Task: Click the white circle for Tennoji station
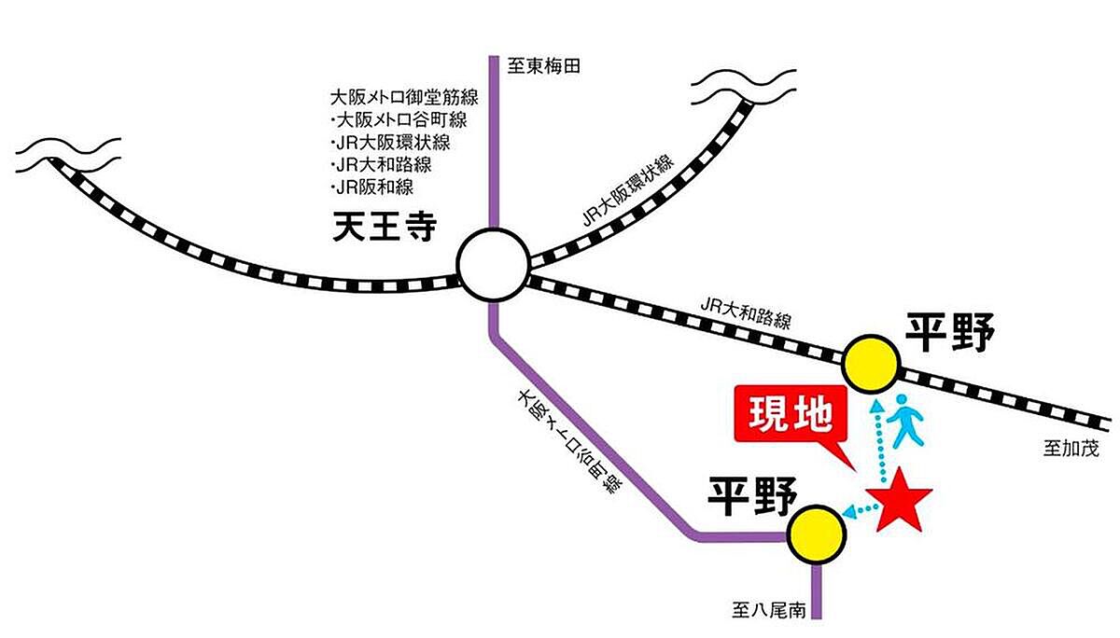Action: click(x=493, y=265)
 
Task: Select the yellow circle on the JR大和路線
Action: click(x=872, y=363)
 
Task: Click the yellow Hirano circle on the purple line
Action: click(x=817, y=534)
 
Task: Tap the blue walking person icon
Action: click(x=903, y=421)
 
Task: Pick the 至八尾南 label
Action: click(x=768, y=612)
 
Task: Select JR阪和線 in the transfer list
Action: click(x=372, y=187)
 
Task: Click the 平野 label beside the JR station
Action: click(x=951, y=333)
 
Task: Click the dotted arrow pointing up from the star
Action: click(x=877, y=442)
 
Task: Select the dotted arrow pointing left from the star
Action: click(x=861, y=509)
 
